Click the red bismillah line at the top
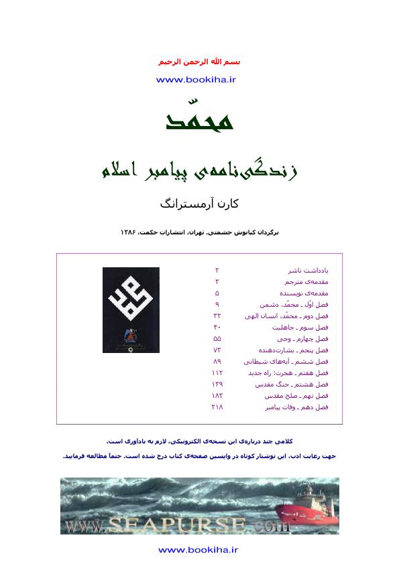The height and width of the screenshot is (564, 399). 199,62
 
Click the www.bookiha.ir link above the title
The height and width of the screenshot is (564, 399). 196,80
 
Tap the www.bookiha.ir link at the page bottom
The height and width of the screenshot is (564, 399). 198,550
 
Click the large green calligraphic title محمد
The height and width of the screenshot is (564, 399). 199,119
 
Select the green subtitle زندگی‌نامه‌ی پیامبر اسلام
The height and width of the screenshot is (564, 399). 199,170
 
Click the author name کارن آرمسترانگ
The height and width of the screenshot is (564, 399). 199,203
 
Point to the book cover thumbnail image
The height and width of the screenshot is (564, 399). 131,310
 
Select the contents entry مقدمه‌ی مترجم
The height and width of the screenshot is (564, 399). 303,282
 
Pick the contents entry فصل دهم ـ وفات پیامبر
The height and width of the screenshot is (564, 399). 297,407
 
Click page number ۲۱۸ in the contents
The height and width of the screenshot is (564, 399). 217,407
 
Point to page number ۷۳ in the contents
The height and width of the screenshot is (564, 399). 217,350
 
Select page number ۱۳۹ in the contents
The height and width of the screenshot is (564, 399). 217,384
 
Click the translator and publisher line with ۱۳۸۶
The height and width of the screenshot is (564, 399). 199,232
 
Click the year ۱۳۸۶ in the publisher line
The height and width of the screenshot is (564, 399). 129,232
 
